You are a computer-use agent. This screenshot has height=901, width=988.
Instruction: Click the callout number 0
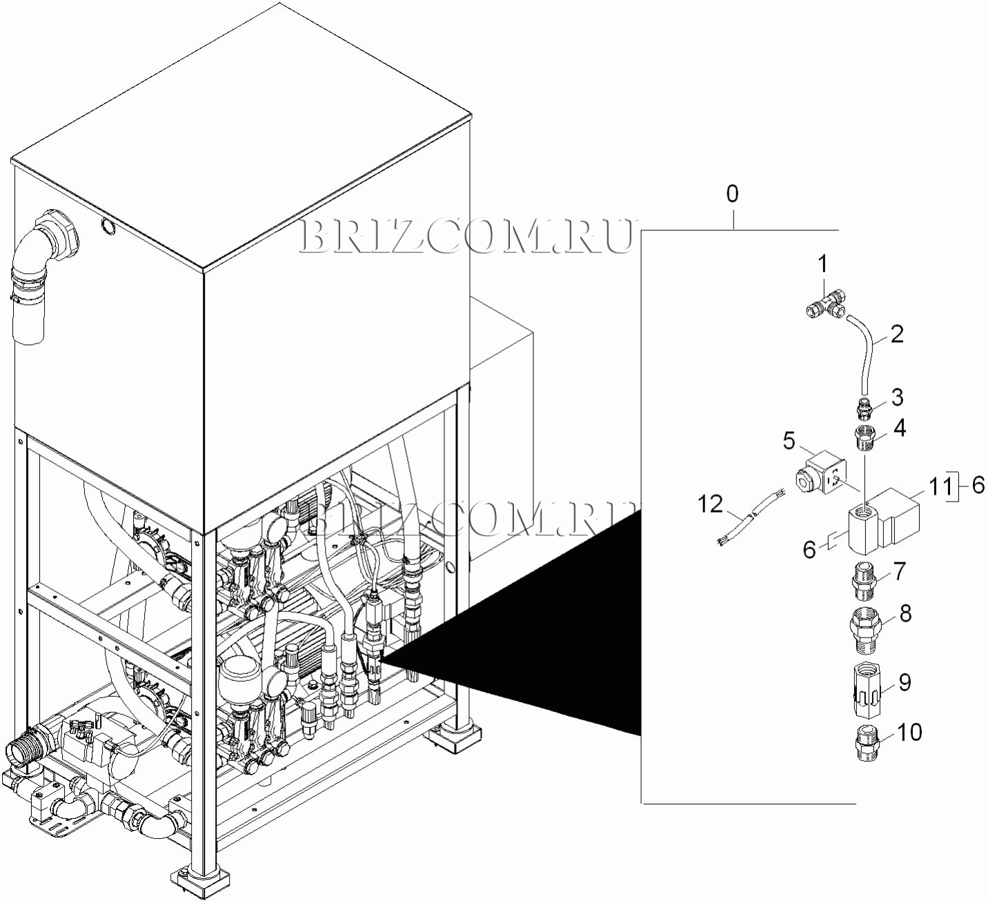tap(733, 194)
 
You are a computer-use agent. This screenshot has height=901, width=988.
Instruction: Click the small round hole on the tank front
tap(107, 225)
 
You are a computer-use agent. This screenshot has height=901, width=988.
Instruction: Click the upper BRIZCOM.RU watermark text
tap(467, 236)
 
